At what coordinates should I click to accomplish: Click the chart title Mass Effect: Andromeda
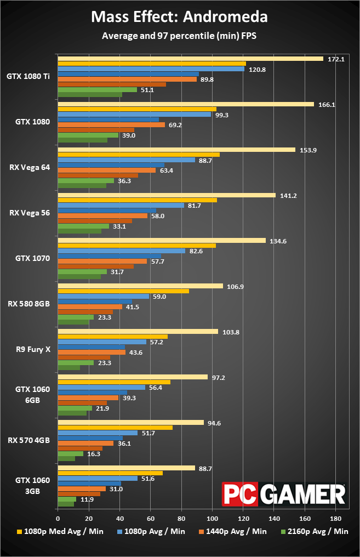coord(179,16)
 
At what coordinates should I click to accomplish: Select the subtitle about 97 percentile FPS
coord(179,36)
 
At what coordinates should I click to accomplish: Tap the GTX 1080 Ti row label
coord(28,76)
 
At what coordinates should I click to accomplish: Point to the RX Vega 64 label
coord(30,167)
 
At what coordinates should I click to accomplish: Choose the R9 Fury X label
coord(33,349)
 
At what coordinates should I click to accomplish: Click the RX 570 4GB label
coord(28,440)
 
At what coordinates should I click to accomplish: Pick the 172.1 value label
coord(336,59)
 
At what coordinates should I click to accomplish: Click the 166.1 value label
coord(327,105)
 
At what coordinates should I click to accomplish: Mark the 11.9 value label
coord(87,499)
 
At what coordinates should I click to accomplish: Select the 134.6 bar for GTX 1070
coord(162,241)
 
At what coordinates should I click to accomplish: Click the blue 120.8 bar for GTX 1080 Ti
coord(151,69)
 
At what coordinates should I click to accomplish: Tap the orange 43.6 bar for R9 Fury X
coord(92,352)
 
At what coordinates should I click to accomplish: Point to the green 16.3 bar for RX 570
coord(71,453)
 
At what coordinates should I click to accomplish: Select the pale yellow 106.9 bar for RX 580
coord(141,286)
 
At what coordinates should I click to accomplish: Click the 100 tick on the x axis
coord(212,519)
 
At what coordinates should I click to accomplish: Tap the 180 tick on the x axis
coord(336,519)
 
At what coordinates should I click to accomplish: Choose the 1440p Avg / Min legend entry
coord(232,531)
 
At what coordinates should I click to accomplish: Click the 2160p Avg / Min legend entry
coord(315,531)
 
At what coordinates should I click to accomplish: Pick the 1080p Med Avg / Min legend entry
coord(60,531)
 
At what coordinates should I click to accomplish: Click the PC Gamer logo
coord(284,494)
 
